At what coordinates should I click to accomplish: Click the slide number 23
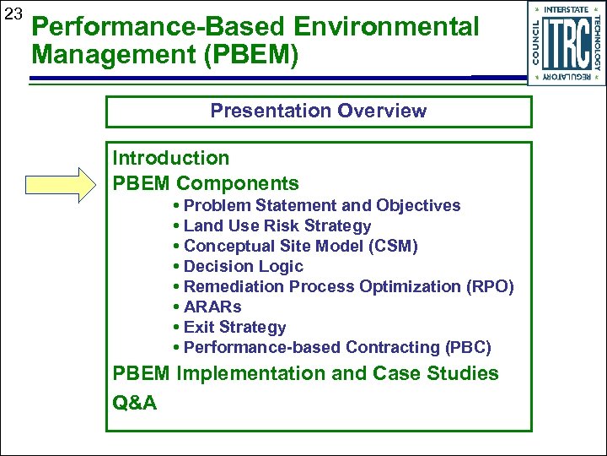click(x=13, y=14)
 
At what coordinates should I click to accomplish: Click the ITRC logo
click(x=566, y=43)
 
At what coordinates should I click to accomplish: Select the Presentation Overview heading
click(x=318, y=111)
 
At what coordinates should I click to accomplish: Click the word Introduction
click(x=171, y=158)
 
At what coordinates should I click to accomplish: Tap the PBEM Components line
click(x=206, y=183)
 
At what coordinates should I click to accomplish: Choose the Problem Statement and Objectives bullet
click(x=321, y=205)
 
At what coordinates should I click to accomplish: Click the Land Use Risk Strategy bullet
click(x=277, y=225)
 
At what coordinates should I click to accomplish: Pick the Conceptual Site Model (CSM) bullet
click(x=299, y=246)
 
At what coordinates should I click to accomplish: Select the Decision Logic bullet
click(x=243, y=266)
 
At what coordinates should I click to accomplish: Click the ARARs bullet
click(x=212, y=307)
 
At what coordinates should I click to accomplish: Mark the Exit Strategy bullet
click(x=234, y=327)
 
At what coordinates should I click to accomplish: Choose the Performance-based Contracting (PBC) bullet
click(x=336, y=347)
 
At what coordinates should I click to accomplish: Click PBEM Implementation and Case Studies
click(x=305, y=373)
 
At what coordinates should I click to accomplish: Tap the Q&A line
click(x=135, y=402)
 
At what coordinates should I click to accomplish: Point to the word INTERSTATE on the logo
click(x=566, y=8)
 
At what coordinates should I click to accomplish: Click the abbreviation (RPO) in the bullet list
click(x=490, y=286)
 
